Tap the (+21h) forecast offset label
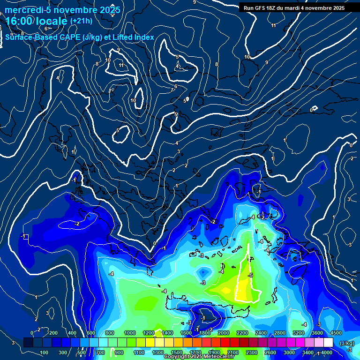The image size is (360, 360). coord(81,21)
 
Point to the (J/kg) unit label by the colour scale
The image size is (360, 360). coord(346,343)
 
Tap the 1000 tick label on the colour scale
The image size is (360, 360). coord(129,333)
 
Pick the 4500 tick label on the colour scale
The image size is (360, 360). coord(336,333)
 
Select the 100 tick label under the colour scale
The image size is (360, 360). coord(45,352)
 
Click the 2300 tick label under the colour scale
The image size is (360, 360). coord(252,352)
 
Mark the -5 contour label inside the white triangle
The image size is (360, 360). coord(251,275)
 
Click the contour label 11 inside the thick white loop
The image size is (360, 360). coord(121,65)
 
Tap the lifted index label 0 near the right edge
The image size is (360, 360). coord(312,110)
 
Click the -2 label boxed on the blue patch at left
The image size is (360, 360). coord(76,224)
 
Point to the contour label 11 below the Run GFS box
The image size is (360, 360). coord(274,25)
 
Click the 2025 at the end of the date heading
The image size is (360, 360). coord(111,10)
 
